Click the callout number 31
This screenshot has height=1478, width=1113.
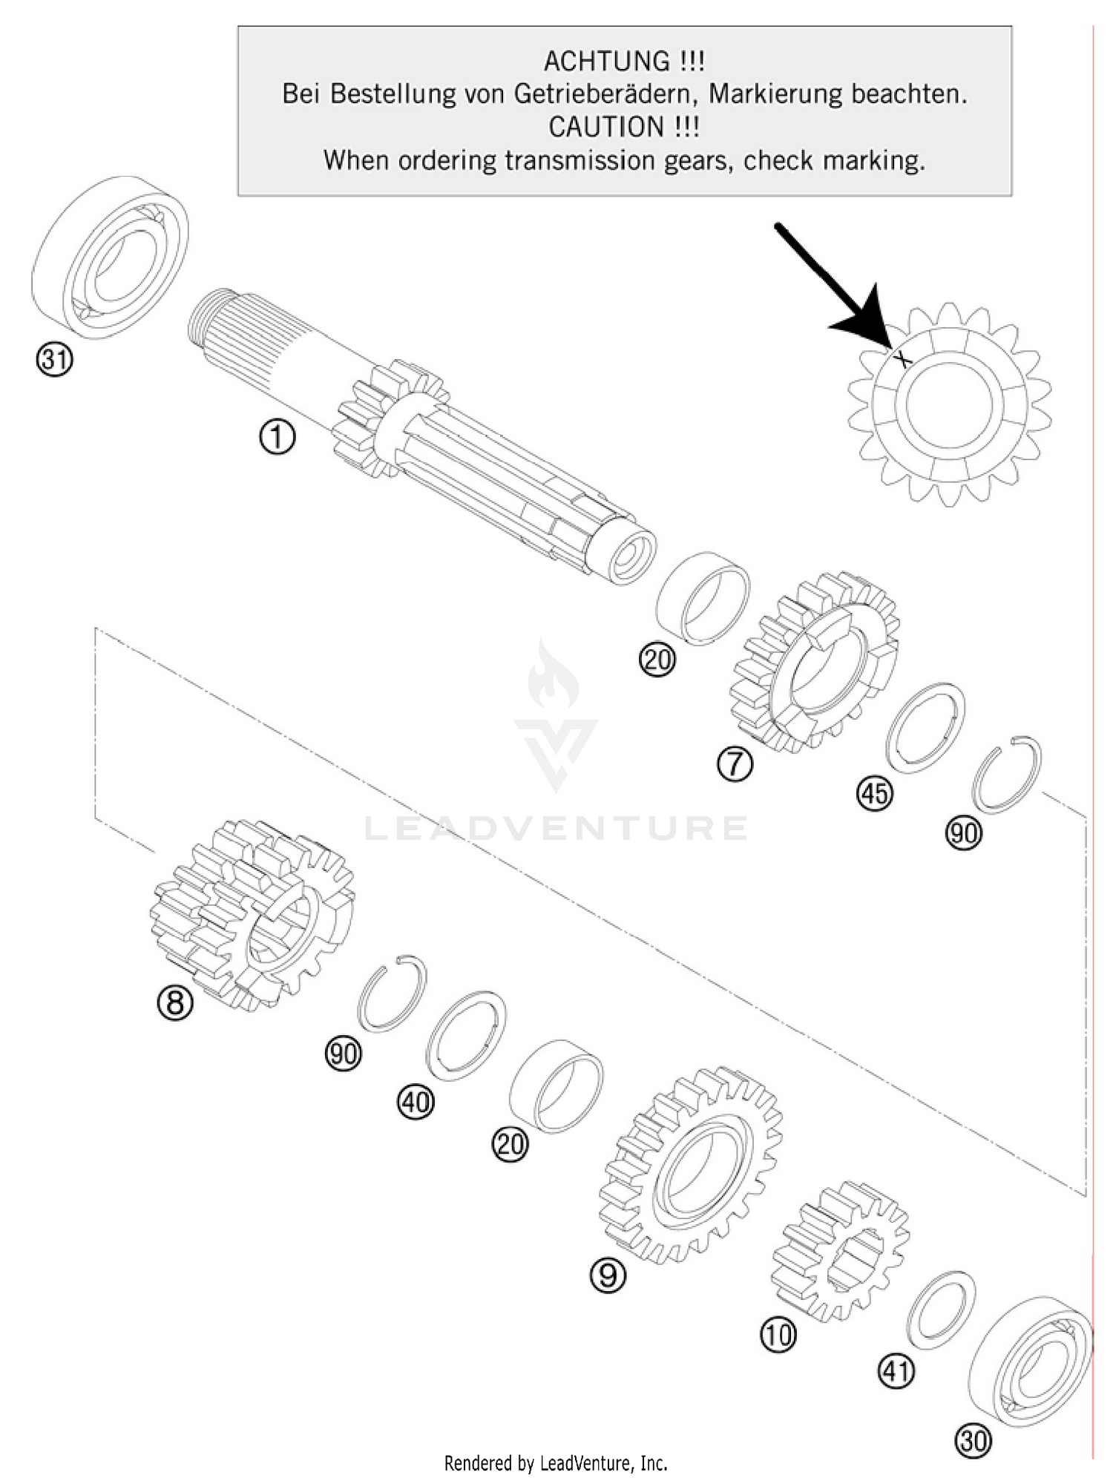pos(54,360)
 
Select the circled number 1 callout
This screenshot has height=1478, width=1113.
pos(277,437)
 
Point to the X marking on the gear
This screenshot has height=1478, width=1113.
pos(902,360)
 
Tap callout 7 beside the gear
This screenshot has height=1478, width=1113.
pos(735,763)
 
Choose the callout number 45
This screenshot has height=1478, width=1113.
pos(875,793)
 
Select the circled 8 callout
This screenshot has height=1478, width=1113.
pos(175,1003)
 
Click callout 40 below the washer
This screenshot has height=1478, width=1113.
pos(416,1102)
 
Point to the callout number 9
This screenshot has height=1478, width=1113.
pos(608,1275)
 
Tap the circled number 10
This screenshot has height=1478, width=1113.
pos(778,1335)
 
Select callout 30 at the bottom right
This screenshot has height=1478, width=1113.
pos(974,1440)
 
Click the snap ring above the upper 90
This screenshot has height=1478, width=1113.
pos(1007,774)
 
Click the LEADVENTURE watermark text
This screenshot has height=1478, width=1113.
pos(556,828)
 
